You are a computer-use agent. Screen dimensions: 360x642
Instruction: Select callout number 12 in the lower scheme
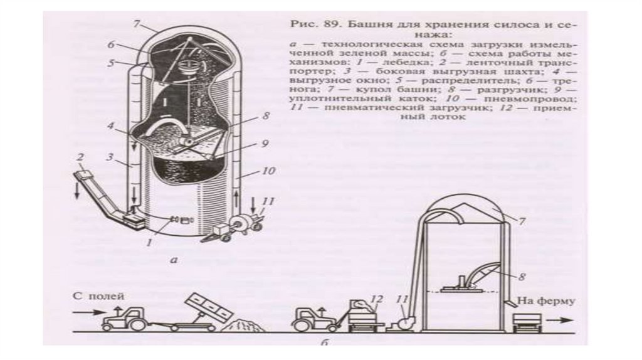376,299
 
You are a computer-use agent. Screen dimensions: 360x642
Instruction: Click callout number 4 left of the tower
110,126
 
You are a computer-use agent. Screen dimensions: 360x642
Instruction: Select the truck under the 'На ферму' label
525,322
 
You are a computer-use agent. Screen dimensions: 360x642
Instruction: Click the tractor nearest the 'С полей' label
125,319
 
